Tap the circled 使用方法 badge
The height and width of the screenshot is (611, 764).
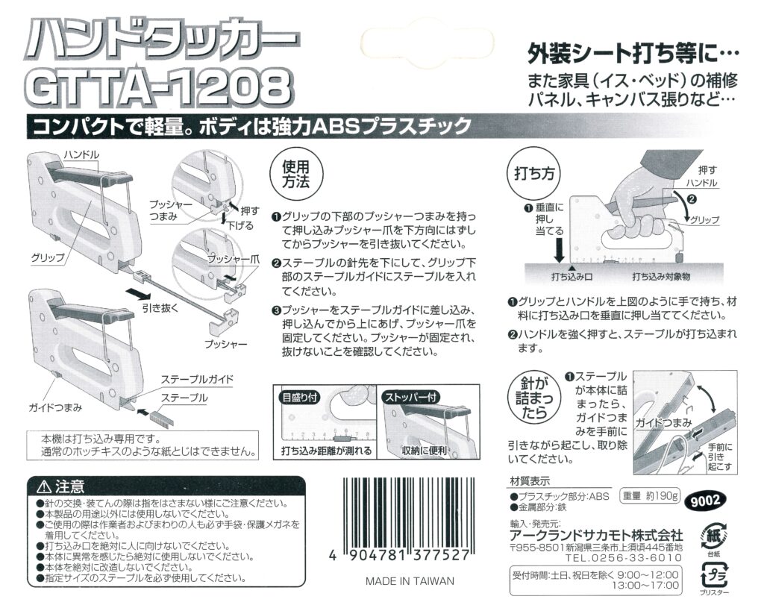295,175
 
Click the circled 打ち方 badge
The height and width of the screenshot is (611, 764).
534,174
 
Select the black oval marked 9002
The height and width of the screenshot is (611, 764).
705,500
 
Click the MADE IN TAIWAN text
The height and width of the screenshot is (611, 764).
410,581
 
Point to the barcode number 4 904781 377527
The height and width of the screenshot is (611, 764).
399,556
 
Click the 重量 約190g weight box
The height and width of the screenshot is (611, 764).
650,496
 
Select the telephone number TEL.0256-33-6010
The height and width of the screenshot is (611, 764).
623,558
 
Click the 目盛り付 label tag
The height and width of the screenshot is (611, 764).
300,397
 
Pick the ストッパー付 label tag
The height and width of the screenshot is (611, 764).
411,397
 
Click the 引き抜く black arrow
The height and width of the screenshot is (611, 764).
138,292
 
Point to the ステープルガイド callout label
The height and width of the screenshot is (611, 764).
197,380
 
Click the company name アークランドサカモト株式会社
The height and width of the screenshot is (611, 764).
596,535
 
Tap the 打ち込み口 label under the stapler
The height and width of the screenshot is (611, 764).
572,277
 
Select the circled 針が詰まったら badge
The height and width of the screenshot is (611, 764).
534,398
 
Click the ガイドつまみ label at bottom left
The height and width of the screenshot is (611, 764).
55,407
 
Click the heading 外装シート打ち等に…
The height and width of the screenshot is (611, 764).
633,53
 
